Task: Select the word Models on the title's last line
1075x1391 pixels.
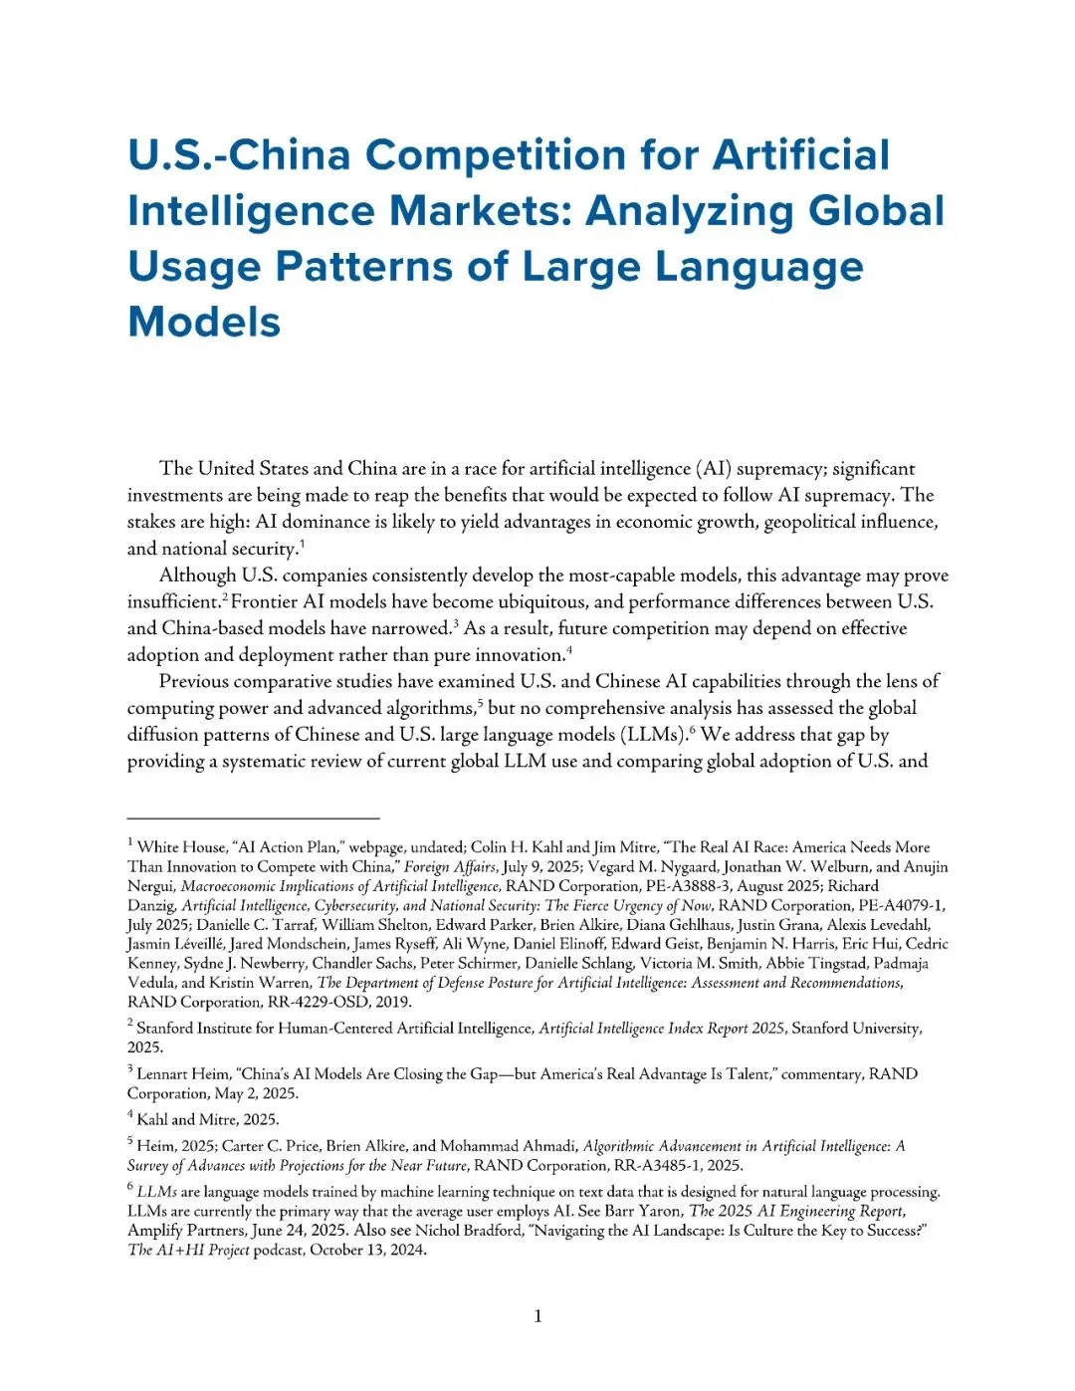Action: pos(204,323)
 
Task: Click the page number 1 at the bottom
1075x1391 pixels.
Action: pos(538,1316)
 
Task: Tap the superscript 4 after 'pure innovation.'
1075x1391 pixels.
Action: pos(569,651)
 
